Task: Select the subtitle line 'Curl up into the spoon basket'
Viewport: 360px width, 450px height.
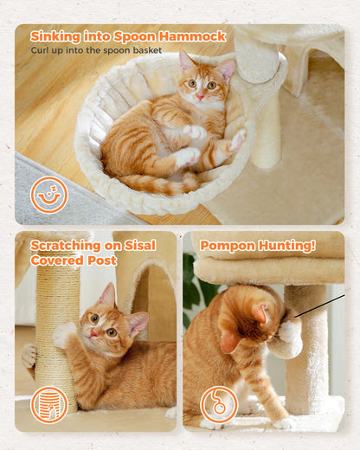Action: (x=97, y=50)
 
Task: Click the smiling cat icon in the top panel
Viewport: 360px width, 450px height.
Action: (x=48, y=195)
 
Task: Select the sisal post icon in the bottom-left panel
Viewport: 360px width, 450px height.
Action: (x=48, y=404)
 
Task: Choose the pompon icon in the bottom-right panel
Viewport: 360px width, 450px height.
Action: (x=218, y=404)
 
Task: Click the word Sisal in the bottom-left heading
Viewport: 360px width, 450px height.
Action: (x=141, y=245)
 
